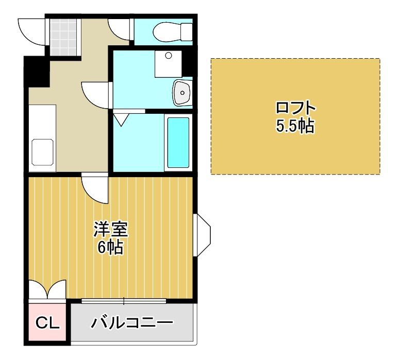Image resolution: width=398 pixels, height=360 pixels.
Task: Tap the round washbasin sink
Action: coord(182,92)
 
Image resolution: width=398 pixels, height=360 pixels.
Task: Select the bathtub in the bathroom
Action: coord(177,142)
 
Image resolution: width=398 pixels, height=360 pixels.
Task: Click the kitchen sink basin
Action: coord(43,152)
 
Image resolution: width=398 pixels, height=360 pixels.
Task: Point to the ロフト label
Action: coord(295,109)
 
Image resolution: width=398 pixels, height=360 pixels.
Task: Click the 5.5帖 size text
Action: coord(295,126)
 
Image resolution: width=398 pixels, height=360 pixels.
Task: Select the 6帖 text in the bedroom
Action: coord(110,248)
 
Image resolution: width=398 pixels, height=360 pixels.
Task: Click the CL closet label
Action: coord(48,323)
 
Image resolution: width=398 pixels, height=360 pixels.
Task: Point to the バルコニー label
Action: coord(132,323)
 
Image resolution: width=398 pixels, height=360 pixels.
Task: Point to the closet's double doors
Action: coord(47,289)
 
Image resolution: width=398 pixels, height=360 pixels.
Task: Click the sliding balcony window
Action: coord(124,301)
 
